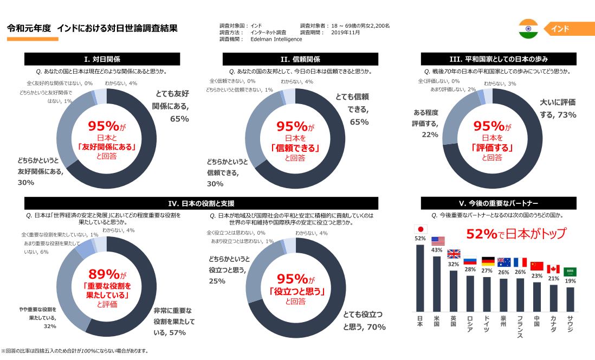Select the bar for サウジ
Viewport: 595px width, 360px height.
[570, 298]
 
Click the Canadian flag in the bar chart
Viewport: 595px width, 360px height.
[553, 269]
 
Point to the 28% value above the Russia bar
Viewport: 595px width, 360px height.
[470, 270]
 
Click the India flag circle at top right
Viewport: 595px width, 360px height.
[528, 29]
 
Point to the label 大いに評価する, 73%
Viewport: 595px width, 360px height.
[558, 108]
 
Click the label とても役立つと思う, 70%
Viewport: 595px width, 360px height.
[364, 320]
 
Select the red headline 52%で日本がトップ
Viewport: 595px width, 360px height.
[515, 234]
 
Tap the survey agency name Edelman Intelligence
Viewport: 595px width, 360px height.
[276, 39]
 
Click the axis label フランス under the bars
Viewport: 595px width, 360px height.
[520, 326]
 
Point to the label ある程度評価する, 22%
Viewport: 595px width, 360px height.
[426, 124]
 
